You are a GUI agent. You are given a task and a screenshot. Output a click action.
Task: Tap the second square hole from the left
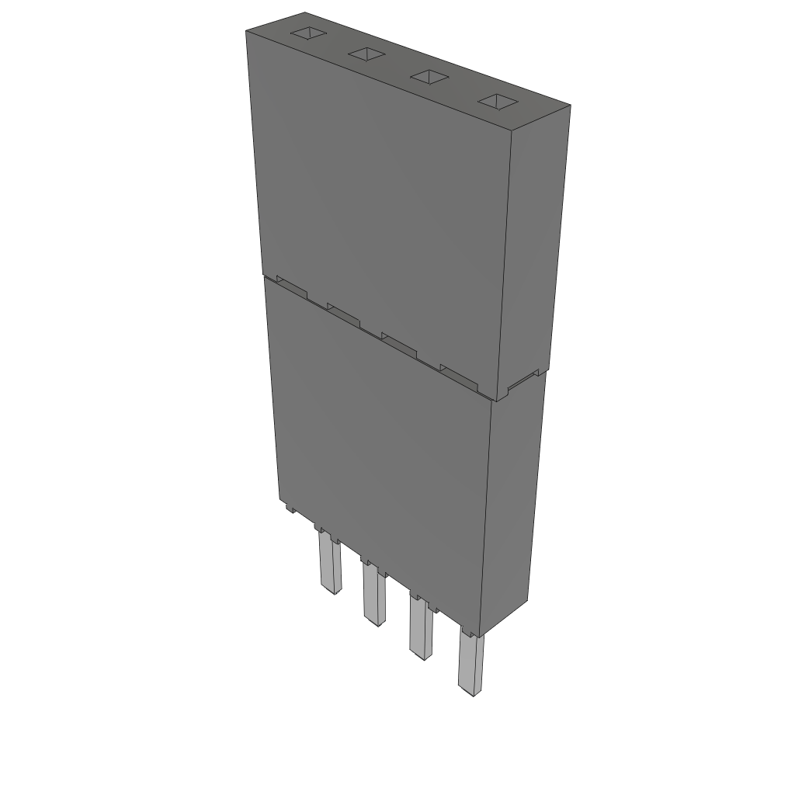[366, 54]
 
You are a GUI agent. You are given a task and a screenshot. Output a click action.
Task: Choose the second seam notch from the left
[344, 312]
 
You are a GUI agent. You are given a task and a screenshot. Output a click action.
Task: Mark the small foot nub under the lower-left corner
[289, 509]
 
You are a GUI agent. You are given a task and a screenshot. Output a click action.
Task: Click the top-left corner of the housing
[247, 31]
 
